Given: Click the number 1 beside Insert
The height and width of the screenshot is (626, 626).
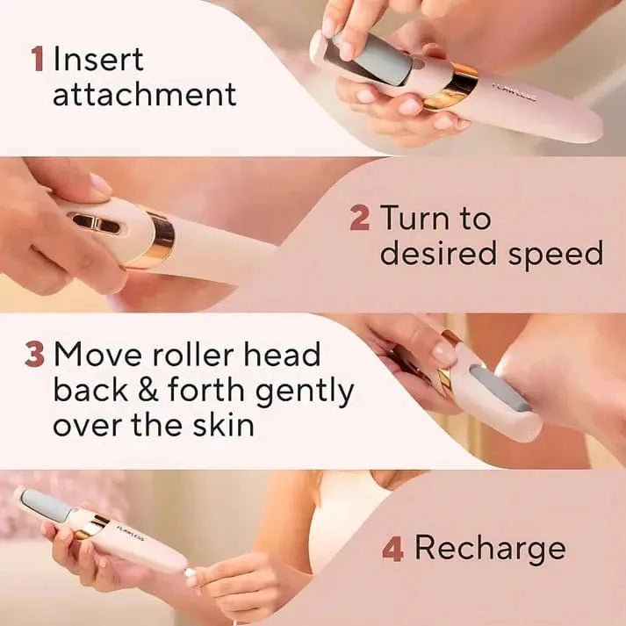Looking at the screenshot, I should [37, 61].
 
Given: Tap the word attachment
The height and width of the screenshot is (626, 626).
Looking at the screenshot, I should [145, 95].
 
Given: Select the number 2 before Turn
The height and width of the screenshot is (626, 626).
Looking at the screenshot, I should [359, 219].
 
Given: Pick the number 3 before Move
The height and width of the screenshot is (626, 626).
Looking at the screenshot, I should [35, 355].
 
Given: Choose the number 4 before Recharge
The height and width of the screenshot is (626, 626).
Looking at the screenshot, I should [392, 550].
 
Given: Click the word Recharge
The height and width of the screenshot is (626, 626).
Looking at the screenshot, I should [490, 550].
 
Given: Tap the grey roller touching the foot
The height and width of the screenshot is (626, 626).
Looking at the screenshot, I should [499, 387].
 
